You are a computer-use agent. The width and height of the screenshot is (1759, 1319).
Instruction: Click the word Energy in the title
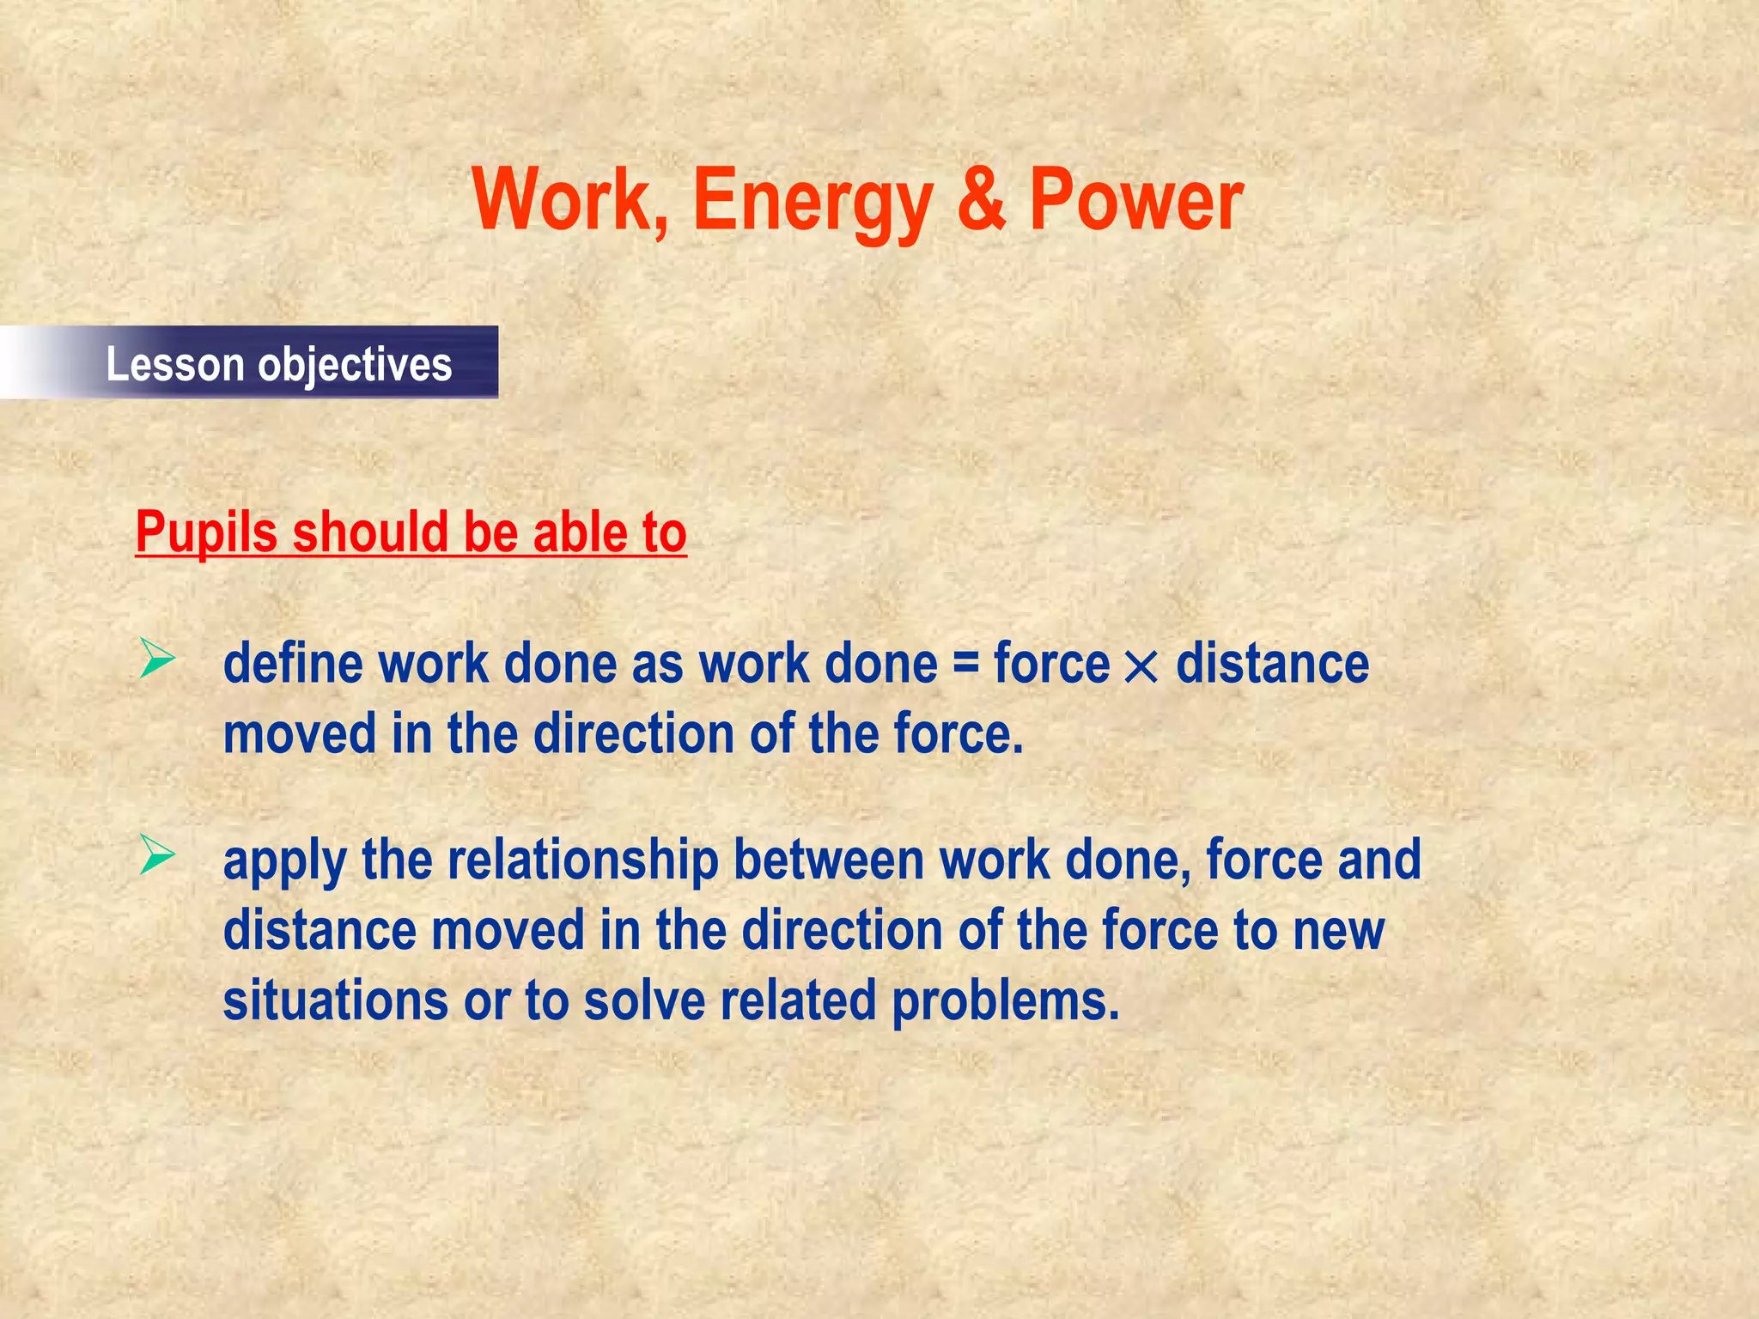[812, 202]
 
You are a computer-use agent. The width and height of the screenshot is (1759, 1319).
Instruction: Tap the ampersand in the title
[980, 199]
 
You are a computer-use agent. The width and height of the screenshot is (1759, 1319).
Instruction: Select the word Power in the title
[1135, 199]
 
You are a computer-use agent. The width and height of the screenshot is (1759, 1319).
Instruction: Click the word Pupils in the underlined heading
[206, 532]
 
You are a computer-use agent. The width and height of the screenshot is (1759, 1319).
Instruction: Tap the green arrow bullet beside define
[157, 660]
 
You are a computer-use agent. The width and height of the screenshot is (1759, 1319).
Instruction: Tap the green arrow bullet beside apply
[157, 855]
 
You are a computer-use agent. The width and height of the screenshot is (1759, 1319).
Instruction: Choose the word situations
[335, 1000]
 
